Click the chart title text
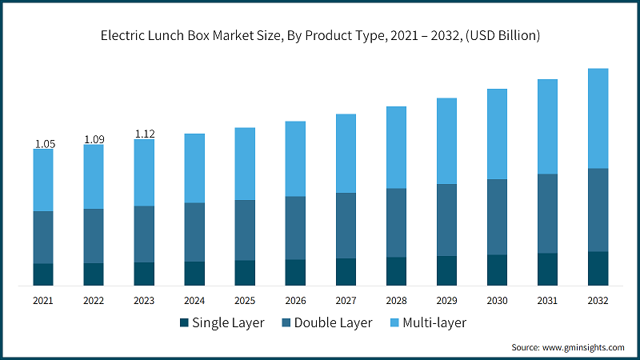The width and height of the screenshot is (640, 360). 320,35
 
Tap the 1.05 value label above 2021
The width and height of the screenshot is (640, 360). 44,143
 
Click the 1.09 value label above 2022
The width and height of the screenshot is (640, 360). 94,139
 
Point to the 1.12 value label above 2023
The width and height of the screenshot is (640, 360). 145,134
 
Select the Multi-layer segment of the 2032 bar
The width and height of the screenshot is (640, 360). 598,118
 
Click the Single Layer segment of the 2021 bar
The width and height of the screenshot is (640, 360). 44,274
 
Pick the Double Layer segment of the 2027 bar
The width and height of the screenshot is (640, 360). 346,226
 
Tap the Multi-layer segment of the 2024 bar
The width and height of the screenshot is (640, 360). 194,168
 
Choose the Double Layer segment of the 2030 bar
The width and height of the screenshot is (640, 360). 497,217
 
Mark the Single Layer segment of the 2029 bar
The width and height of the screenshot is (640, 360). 446,270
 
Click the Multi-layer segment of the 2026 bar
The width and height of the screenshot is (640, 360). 295,158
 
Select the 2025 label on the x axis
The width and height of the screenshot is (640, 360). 245,301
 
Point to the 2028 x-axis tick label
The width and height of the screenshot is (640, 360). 396,301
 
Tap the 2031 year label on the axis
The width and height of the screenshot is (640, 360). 547,301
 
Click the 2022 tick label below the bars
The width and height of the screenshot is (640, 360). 94,301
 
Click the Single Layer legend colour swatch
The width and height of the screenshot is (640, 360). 184,323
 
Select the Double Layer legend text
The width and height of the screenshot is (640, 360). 333,323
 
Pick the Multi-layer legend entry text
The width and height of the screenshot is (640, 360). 435,323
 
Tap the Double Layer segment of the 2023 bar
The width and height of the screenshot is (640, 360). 144,234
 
